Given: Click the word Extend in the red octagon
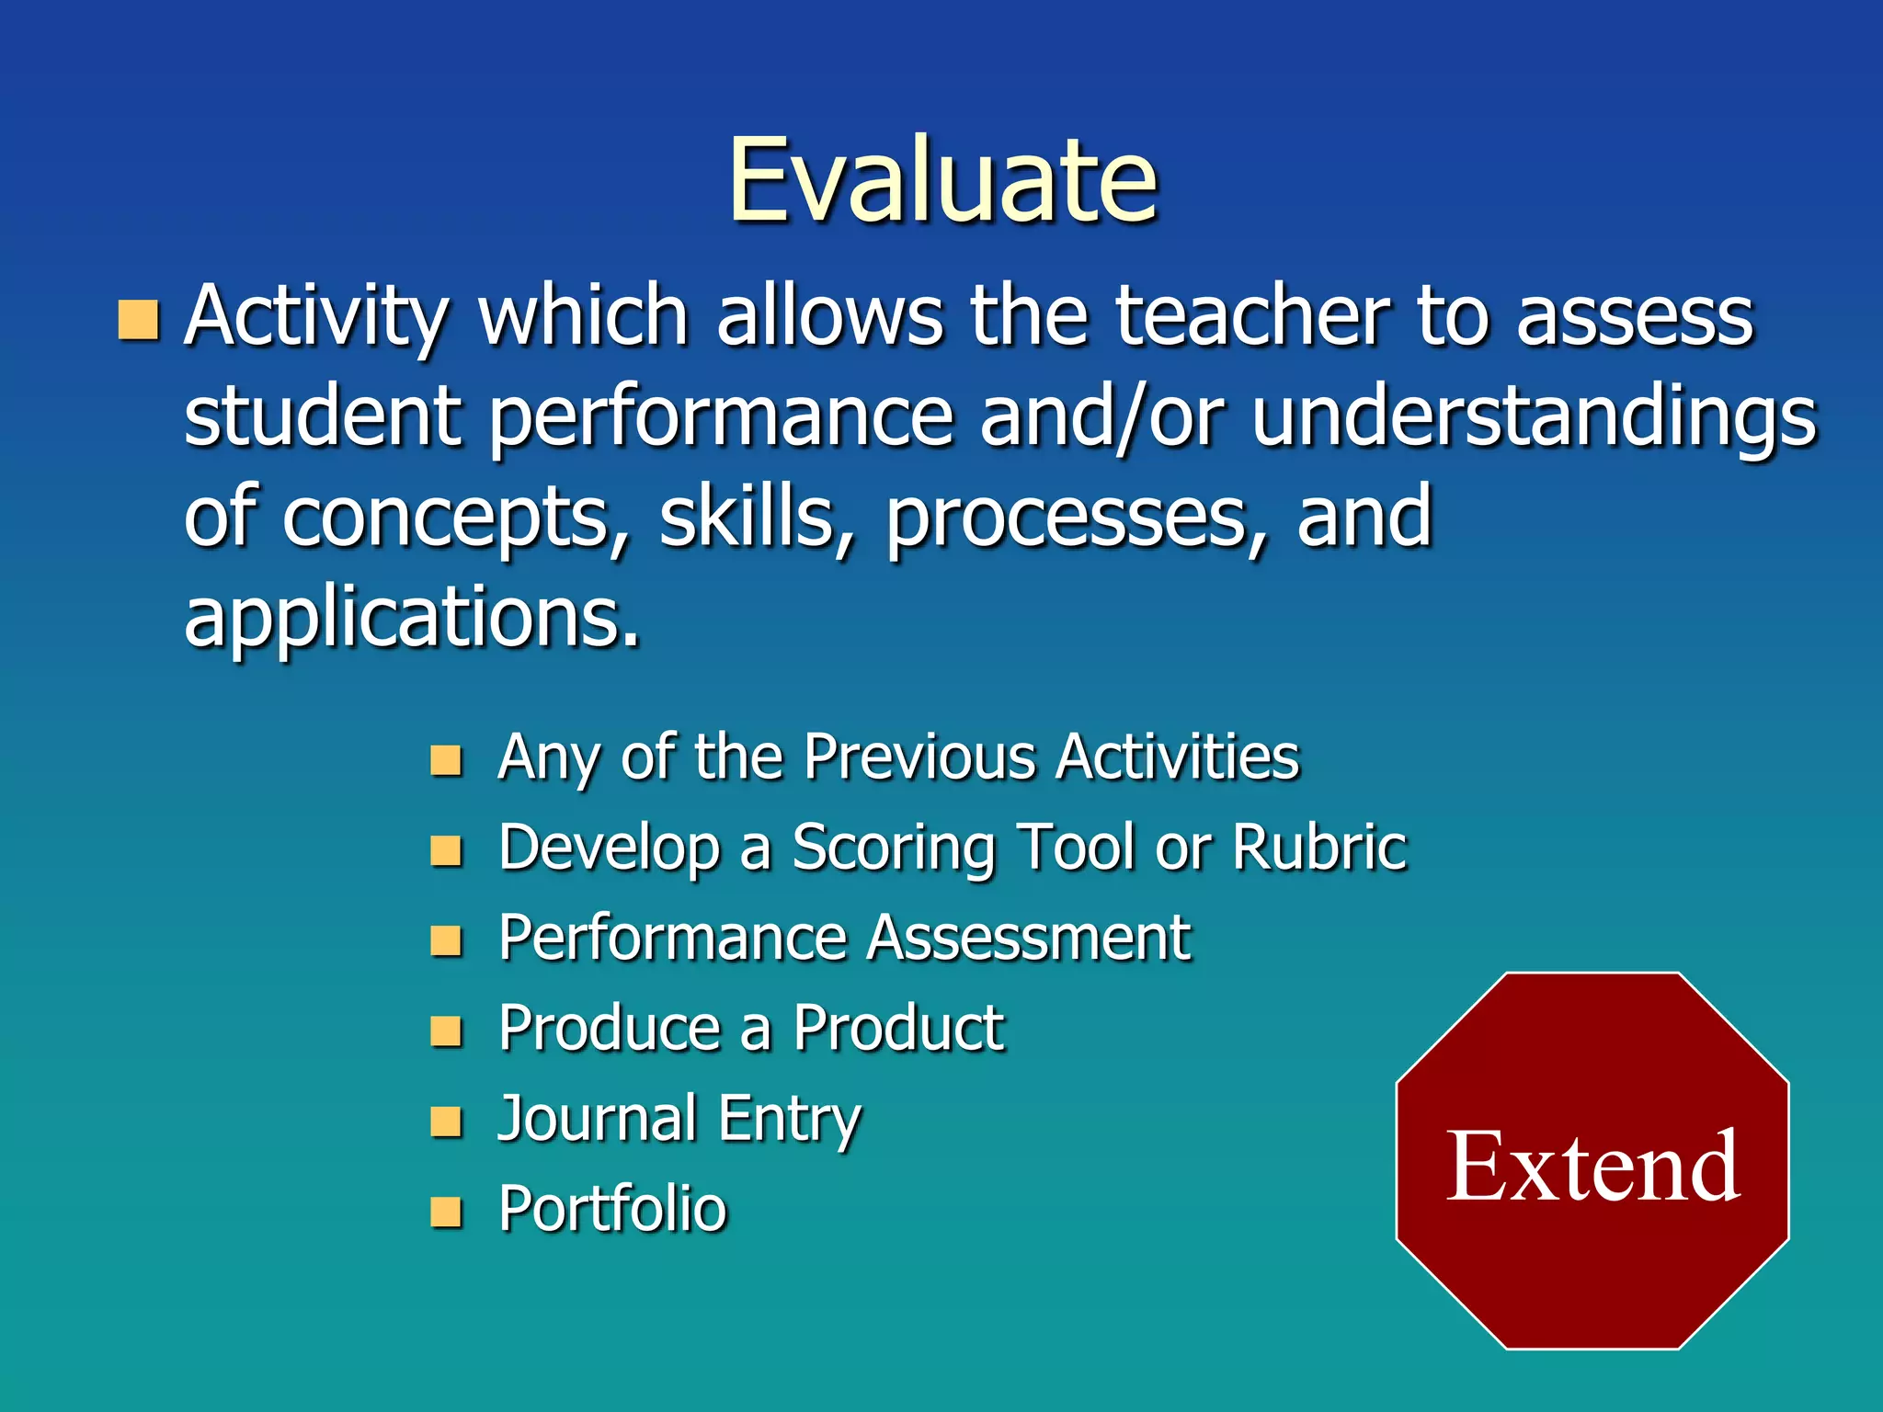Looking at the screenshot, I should click(x=1592, y=1166).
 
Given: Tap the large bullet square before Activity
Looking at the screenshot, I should click(x=139, y=319).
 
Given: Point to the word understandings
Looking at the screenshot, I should click(x=1534, y=416).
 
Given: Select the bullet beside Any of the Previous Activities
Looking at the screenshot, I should click(x=446, y=760).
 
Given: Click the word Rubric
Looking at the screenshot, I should click(x=1318, y=847).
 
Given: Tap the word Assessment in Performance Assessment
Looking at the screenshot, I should click(x=1029, y=938).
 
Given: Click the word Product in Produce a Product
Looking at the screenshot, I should click(x=898, y=1028).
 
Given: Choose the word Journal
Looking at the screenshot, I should click(x=597, y=1119).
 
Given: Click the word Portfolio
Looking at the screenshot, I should click(x=612, y=1208).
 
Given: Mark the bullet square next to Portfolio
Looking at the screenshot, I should click(x=446, y=1213).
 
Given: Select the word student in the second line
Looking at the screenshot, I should click(x=322, y=416).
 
